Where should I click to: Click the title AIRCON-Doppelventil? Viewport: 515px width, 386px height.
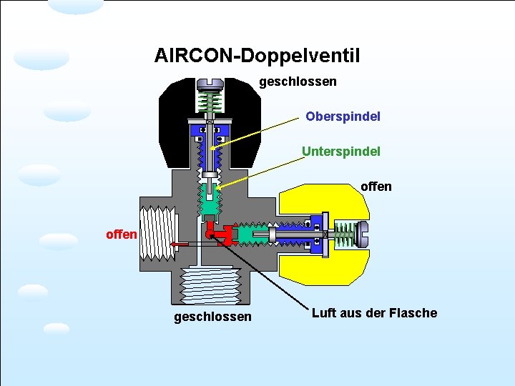tap(257, 55)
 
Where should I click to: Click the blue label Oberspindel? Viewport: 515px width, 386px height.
tap(343, 116)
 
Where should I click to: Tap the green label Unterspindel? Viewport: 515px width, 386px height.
tap(341, 152)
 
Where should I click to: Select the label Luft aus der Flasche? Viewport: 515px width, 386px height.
tap(374, 313)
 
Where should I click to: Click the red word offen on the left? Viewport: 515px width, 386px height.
tap(121, 234)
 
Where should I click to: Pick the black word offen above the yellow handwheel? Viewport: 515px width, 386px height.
tap(376, 187)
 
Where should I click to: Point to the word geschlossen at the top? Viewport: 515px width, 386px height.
tap(298, 82)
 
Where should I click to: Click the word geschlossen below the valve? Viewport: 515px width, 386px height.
tap(212, 316)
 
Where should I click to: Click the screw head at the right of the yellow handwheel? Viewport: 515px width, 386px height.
tap(363, 234)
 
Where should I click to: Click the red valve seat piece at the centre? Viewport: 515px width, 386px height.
tap(219, 233)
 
